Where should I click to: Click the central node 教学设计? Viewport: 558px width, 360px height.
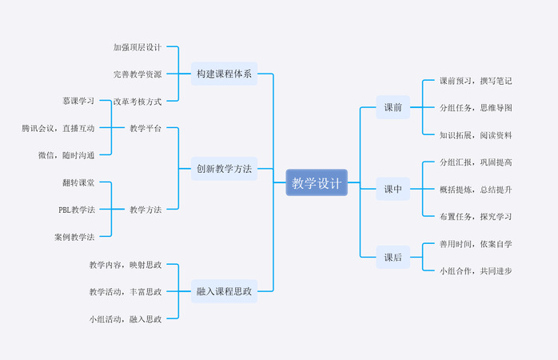click(x=317, y=182)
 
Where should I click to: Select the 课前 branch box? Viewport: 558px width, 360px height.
click(x=393, y=107)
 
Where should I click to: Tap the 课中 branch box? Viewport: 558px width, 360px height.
click(x=393, y=189)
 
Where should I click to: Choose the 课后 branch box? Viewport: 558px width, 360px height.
click(x=393, y=258)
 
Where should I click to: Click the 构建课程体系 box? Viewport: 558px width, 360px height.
click(x=224, y=74)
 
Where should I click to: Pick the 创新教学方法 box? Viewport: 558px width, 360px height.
click(x=224, y=169)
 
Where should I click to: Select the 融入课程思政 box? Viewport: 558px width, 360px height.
click(x=224, y=291)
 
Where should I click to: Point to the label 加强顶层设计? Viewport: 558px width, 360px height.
click(x=138, y=47)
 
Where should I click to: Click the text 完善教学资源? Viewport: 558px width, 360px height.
click(x=138, y=74)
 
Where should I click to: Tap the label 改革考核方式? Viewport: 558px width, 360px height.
click(x=138, y=102)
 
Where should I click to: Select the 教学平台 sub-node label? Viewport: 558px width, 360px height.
click(x=145, y=128)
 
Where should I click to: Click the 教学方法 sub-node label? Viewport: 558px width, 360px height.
click(x=145, y=210)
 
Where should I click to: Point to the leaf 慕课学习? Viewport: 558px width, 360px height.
click(x=78, y=101)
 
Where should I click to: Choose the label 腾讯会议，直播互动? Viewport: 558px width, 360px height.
click(x=58, y=128)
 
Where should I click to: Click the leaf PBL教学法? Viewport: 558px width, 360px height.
click(x=77, y=210)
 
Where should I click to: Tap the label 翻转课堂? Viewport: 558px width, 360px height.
click(x=78, y=182)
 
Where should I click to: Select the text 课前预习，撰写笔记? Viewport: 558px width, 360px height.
click(x=476, y=81)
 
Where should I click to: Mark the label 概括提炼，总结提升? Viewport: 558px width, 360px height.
click(x=476, y=189)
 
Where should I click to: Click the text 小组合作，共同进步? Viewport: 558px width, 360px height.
click(x=476, y=270)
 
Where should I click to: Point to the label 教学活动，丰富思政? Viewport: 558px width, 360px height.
click(x=126, y=291)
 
